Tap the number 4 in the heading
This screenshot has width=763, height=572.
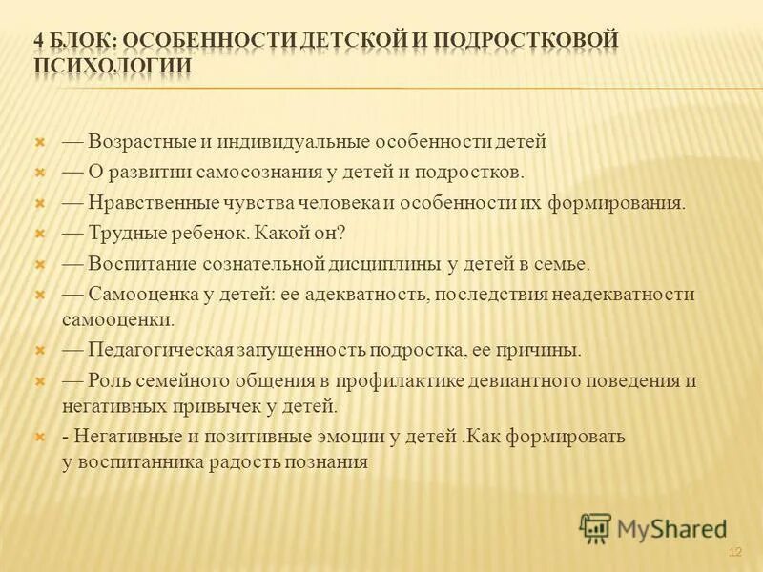point(39,41)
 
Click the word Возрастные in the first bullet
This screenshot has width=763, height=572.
point(142,142)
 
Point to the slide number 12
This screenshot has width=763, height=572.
point(734,553)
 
